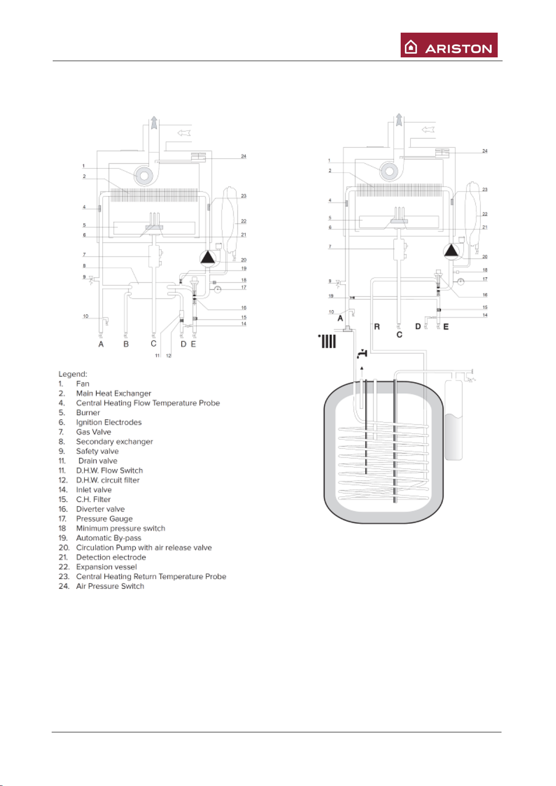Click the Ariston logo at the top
point(449,45)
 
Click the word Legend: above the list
point(73,374)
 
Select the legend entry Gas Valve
point(93,432)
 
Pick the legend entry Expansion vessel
point(106,567)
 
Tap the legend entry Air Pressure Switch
point(110,586)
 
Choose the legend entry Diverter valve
point(100,509)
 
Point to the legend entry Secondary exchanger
point(114,442)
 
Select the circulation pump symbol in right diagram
point(452,251)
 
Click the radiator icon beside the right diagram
point(328,341)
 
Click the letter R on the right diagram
point(377,327)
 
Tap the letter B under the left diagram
point(126,344)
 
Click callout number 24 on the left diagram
point(243,156)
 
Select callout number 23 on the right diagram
point(485,189)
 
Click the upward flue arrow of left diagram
point(154,124)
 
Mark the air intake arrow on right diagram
point(428,129)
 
